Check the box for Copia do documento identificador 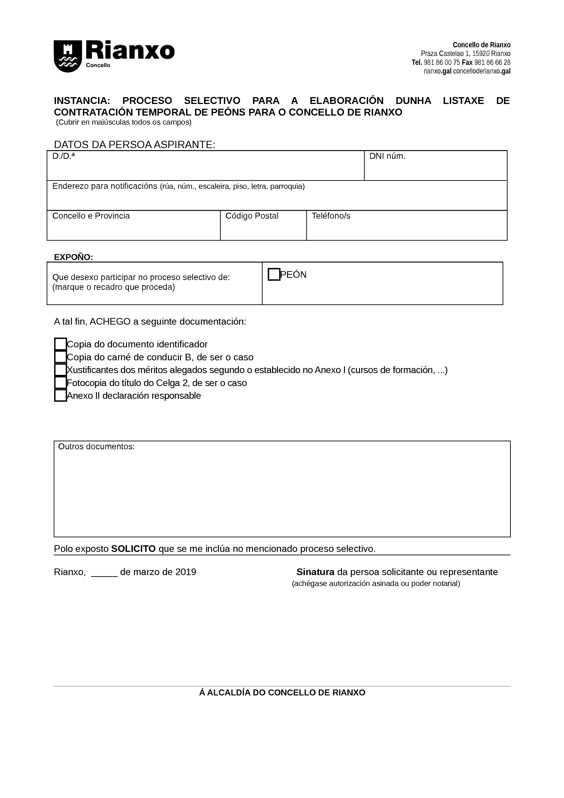[61, 344]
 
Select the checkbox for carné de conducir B [61, 357]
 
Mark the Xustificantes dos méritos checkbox [61, 370]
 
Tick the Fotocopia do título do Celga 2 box [61, 383]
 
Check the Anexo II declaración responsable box [61, 396]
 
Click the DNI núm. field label [387, 157]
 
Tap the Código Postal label [252, 216]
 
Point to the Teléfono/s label [331, 216]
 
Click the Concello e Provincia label [91, 216]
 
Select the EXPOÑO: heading [73, 257]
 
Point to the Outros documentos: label [96, 447]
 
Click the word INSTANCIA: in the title [82, 101]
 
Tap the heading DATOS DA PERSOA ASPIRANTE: [134, 145]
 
